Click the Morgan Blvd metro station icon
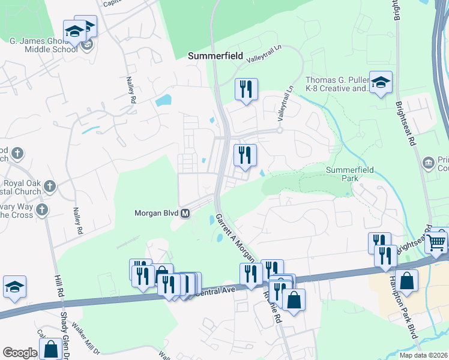[x=185, y=213]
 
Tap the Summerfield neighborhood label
[x=215, y=56]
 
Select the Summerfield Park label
[x=350, y=174]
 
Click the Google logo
[x=20, y=353]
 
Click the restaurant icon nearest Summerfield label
[x=246, y=89]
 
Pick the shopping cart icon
[x=438, y=241]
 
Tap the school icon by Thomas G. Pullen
[x=381, y=83]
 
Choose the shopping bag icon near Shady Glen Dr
[x=51, y=349]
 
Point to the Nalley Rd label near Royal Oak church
[x=77, y=220]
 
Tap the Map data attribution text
[x=424, y=355]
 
